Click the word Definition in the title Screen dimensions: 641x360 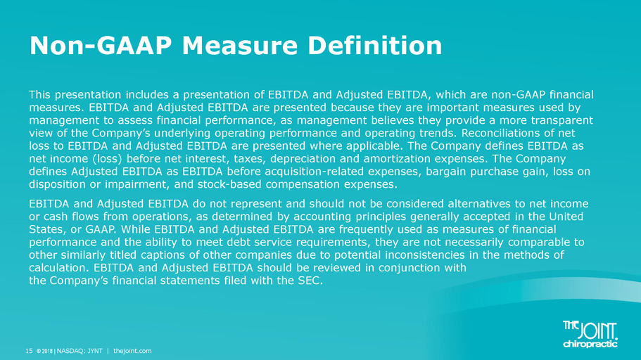coord(375,45)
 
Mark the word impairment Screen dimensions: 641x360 coord(137,184)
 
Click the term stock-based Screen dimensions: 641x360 coord(229,184)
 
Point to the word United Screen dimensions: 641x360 coord(566,216)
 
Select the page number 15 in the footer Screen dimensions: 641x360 coord(29,351)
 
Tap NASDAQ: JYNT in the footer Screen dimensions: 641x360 coord(80,351)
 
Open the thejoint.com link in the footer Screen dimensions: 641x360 coord(132,351)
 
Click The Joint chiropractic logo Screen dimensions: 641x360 coord(590,334)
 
